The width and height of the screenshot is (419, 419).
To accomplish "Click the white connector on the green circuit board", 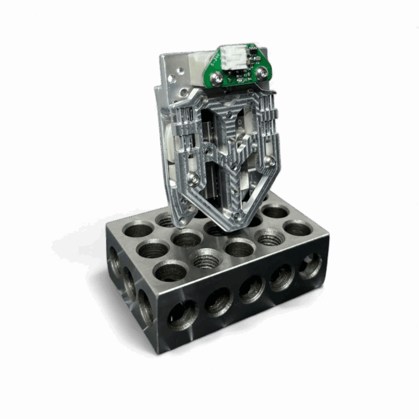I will (x=233, y=56).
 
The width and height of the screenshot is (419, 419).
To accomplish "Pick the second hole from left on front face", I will (x=216, y=304).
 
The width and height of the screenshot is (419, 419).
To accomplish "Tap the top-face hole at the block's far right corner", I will (x=297, y=229).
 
